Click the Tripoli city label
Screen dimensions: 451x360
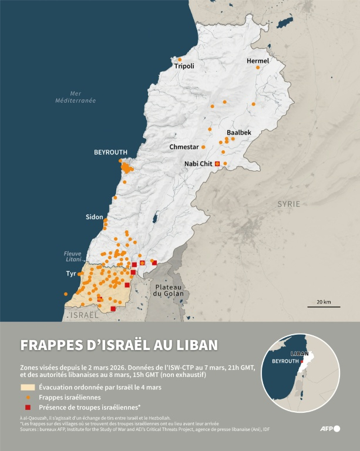(184, 66)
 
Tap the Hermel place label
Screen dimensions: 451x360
(258, 61)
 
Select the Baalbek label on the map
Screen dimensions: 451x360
(239, 133)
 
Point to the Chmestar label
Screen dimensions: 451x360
(184, 147)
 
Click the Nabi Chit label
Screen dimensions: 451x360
(198, 163)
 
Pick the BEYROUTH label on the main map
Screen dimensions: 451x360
(110, 152)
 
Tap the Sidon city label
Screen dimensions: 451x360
(94, 217)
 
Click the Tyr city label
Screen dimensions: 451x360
(71, 274)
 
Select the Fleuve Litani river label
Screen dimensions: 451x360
(73, 257)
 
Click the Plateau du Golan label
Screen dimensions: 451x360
(169, 290)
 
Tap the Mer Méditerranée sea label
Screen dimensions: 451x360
(75, 97)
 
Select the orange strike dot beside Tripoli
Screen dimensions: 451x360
(180, 59)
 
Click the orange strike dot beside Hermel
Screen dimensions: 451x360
(257, 68)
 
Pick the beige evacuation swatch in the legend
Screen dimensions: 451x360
(28, 387)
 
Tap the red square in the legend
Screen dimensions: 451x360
(28, 407)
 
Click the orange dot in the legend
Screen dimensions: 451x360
(28, 397)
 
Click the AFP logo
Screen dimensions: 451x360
(329, 429)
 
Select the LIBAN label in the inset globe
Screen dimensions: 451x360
(299, 354)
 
